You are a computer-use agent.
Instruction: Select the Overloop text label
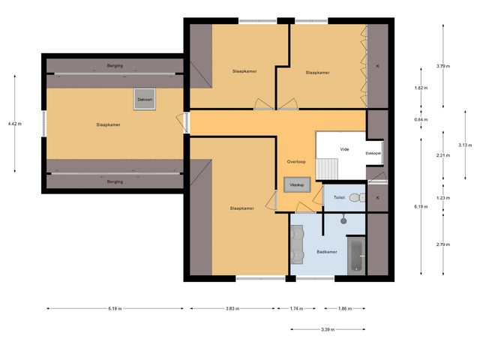(296, 161)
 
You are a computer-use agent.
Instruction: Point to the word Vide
(345, 149)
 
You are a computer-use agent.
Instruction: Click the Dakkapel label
(373, 153)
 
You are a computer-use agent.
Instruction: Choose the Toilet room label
(339, 198)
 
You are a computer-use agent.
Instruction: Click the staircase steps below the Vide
(326, 169)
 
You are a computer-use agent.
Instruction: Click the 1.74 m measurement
(298, 308)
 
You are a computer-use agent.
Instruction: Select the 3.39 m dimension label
(328, 329)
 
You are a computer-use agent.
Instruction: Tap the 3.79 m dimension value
(442, 66)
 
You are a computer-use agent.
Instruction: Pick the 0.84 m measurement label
(421, 119)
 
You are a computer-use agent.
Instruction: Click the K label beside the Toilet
(378, 198)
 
